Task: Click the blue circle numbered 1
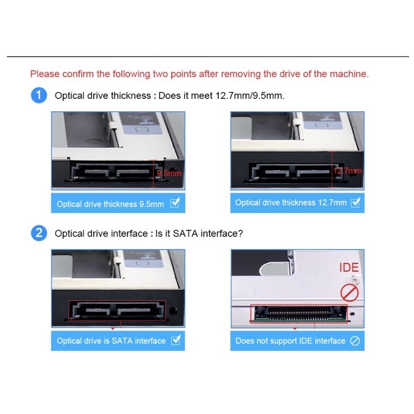[x=39, y=95]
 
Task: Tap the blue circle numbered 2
[x=39, y=233]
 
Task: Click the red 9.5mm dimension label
[x=169, y=173]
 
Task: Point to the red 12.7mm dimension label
[x=347, y=171]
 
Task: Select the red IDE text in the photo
[x=349, y=268]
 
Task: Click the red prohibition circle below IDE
[x=349, y=293]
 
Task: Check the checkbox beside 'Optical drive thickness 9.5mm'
[x=175, y=203]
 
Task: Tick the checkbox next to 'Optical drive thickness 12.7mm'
[x=355, y=202]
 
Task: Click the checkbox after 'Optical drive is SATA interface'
[x=175, y=340]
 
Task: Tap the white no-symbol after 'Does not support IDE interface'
[x=355, y=341]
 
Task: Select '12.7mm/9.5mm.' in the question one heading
[x=250, y=96]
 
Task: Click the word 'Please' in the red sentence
[x=45, y=74]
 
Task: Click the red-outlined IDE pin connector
[x=299, y=314]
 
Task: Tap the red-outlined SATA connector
[x=117, y=310]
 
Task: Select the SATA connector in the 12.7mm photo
[x=295, y=172]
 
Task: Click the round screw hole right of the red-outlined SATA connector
[x=173, y=310]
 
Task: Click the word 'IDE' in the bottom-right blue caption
[x=306, y=341]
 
